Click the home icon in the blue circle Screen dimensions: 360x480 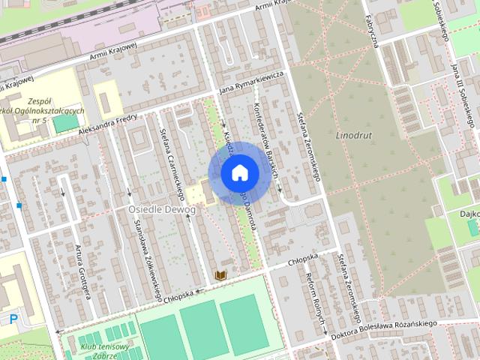pyautogui.click(x=239, y=172)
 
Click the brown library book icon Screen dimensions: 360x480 pyautogui.click(x=220, y=276)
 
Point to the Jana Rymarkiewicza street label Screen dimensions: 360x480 pyautogui.click(x=250, y=84)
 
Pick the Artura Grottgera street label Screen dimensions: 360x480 pyautogui.click(x=82, y=271)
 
